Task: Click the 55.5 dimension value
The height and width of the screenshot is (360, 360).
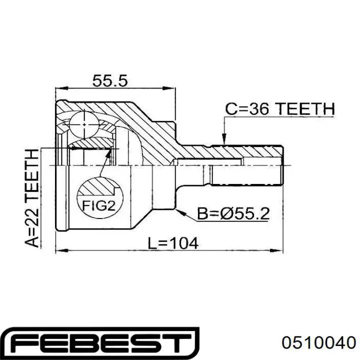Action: click(109, 81)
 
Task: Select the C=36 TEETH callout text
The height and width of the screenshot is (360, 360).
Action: click(280, 109)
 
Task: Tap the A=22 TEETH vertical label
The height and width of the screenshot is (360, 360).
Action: click(31, 198)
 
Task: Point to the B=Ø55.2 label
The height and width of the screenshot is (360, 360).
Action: click(233, 214)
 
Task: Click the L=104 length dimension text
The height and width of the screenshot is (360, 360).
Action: click(172, 243)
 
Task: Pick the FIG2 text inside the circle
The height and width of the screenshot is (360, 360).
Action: click(98, 205)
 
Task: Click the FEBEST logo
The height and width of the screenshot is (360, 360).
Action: click(100, 343)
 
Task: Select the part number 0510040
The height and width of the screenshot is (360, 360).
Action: click(319, 343)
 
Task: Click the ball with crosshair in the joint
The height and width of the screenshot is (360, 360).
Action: click(84, 124)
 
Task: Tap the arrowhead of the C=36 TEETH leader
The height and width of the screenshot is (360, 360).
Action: click(224, 139)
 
